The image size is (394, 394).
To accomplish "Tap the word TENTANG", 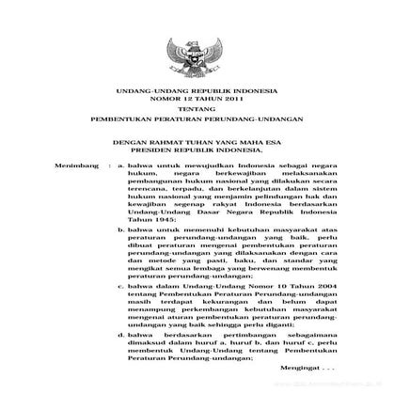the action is tap(196, 110).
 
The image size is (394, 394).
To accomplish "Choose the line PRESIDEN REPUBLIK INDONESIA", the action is tap(196, 149).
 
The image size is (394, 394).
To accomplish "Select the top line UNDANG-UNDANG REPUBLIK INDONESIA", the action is tap(196, 90).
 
